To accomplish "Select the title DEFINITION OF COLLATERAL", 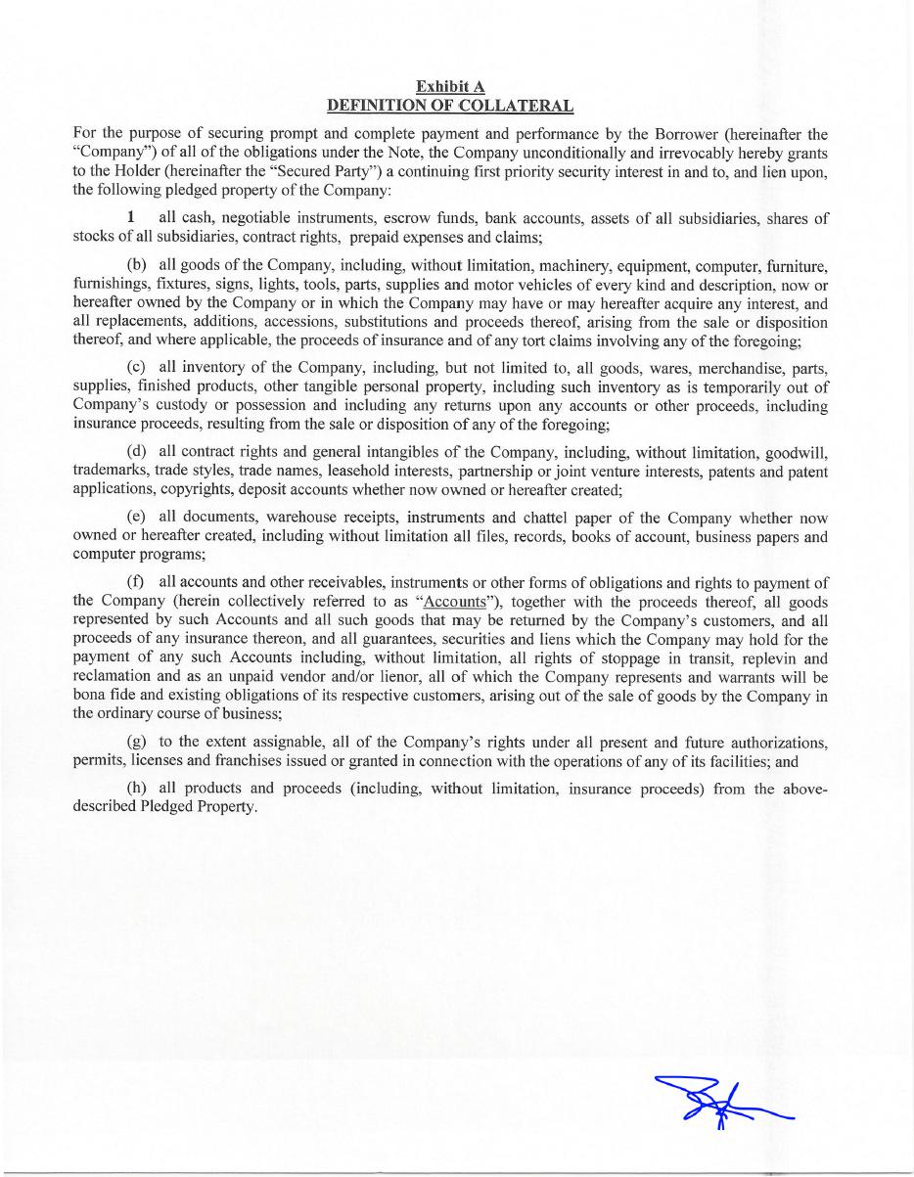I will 450,105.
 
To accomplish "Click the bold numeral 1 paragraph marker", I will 131,217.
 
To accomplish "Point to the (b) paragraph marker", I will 137,265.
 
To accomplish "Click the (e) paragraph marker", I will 137,518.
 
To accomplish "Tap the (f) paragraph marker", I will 136,583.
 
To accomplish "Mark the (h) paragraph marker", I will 137,789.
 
